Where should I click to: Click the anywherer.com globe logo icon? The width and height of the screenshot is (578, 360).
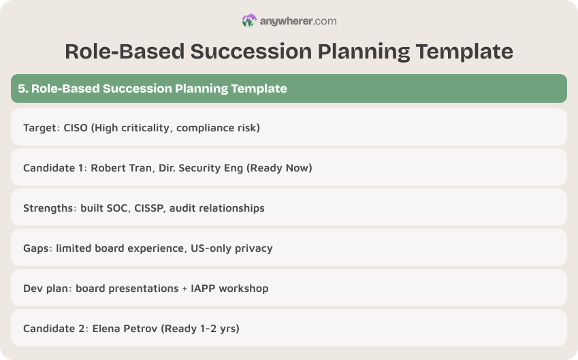249,21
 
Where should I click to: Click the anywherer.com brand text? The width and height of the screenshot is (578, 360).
298,21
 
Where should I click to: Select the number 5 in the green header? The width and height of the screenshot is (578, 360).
22,88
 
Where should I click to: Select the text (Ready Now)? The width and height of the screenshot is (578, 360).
280,167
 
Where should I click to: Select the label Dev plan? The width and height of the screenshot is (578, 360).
46,288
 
